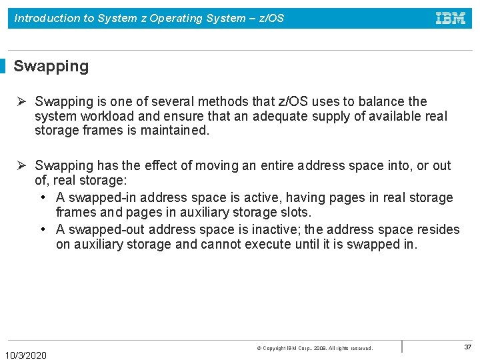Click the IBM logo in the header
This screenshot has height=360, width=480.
(451, 18)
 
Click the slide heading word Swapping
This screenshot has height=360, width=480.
(51, 66)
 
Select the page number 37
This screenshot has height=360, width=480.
(467, 347)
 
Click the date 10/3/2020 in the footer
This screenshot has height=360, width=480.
(26, 355)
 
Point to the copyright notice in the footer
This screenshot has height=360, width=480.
(315, 348)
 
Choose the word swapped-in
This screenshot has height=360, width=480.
(102, 197)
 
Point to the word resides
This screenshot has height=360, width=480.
(437, 229)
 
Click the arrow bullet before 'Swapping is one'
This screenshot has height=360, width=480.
(21, 101)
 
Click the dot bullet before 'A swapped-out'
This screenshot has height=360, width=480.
(43, 229)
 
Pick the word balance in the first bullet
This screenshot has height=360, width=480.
(383, 101)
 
